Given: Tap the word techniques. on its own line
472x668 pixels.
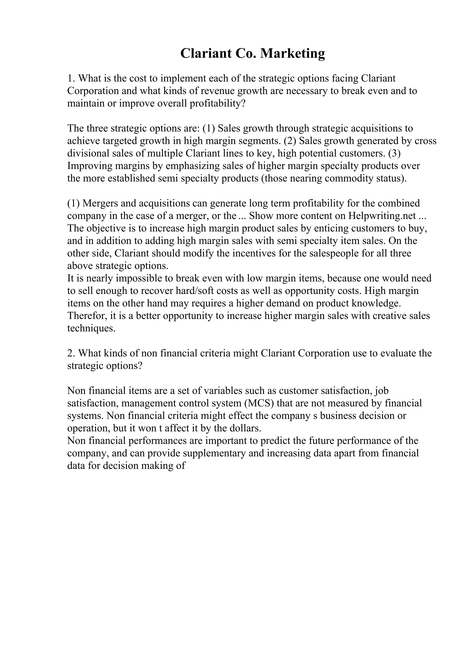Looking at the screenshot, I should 91,328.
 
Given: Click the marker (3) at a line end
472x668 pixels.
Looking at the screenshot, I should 394,153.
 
